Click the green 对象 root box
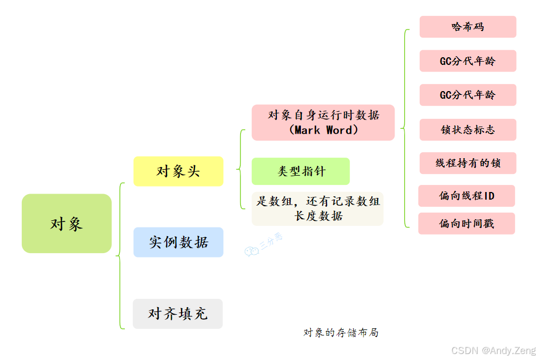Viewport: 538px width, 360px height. coord(67,224)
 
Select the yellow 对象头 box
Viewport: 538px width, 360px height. coord(178,171)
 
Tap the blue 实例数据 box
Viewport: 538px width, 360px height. coord(178,242)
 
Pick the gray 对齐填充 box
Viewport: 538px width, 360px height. coord(178,314)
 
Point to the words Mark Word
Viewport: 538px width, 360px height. coord(323,130)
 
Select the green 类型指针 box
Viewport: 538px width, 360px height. coord(300,171)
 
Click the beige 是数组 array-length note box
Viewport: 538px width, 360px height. coord(317,208)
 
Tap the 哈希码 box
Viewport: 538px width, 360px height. coord(468,27)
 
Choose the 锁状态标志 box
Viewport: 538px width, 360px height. coord(468,130)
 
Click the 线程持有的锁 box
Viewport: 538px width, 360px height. coord(468,163)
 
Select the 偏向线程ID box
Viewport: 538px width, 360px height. coord(467,196)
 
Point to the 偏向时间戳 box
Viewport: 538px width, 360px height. coord(467,224)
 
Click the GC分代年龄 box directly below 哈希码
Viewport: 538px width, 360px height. coord(468,61)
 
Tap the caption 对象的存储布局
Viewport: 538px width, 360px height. coord(341,332)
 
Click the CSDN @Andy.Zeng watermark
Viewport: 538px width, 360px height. coord(494,350)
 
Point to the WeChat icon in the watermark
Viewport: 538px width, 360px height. coord(251,251)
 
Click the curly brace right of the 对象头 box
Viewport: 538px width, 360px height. coord(240,169)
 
